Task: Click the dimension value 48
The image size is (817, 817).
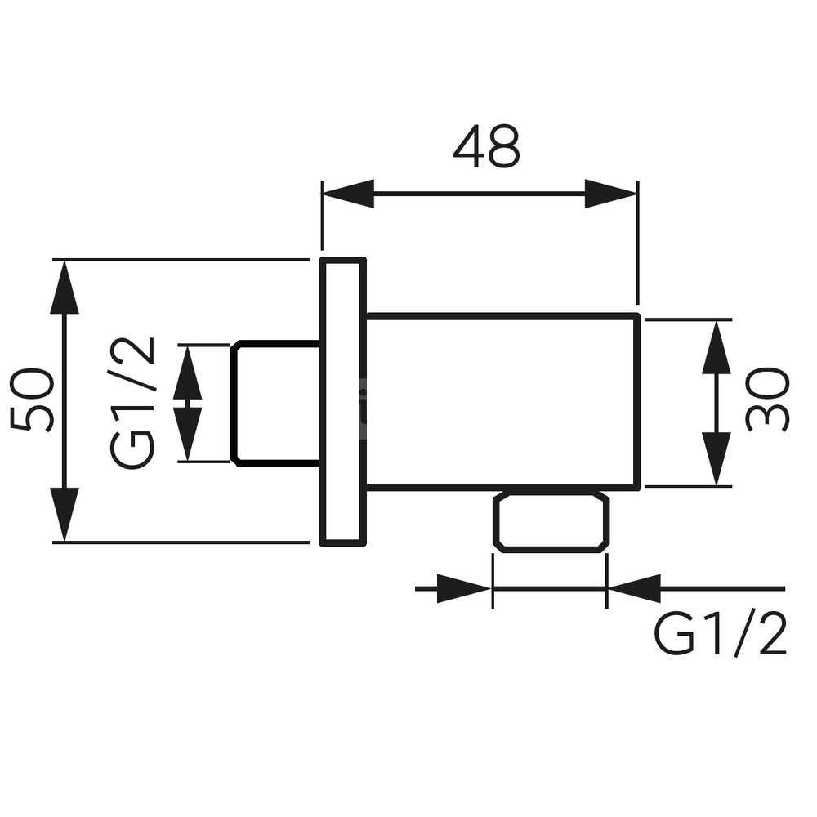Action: [487, 147]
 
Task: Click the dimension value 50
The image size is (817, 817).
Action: [33, 400]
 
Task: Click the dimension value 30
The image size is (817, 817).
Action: [768, 400]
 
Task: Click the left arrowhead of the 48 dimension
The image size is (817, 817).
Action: [348, 194]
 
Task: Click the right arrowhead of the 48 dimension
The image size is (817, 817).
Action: [610, 194]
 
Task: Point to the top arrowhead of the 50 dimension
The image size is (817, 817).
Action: [65, 286]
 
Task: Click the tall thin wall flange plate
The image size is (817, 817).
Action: [342, 400]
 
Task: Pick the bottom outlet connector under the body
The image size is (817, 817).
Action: [550, 522]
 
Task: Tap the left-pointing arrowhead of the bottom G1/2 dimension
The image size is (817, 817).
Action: [634, 588]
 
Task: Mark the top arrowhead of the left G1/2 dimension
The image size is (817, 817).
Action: [188, 372]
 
